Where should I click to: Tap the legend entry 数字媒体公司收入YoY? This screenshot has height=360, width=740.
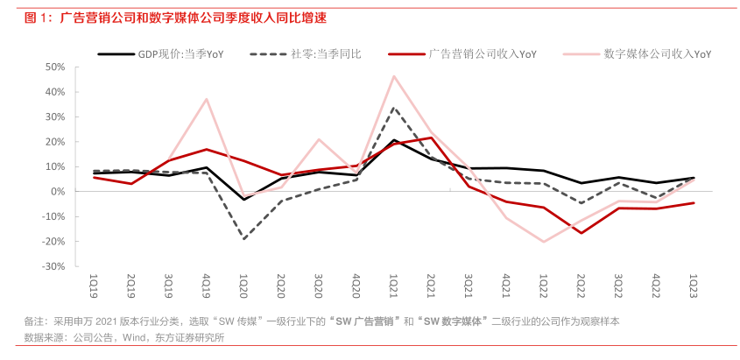point(657,53)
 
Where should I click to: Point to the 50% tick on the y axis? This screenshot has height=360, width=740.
point(54,67)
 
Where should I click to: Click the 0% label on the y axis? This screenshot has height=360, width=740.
point(58,191)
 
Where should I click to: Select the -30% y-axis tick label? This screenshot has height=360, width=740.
point(53,265)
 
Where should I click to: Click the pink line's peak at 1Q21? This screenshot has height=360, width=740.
point(394,76)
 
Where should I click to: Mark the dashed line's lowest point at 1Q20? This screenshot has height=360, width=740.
point(243,239)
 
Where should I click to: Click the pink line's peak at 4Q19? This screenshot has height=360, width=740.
point(207,99)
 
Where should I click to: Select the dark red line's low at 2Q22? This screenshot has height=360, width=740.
point(581,232)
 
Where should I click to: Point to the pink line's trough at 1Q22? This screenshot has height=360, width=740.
point(544,242)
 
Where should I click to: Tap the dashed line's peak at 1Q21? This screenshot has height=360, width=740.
point(394,108)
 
